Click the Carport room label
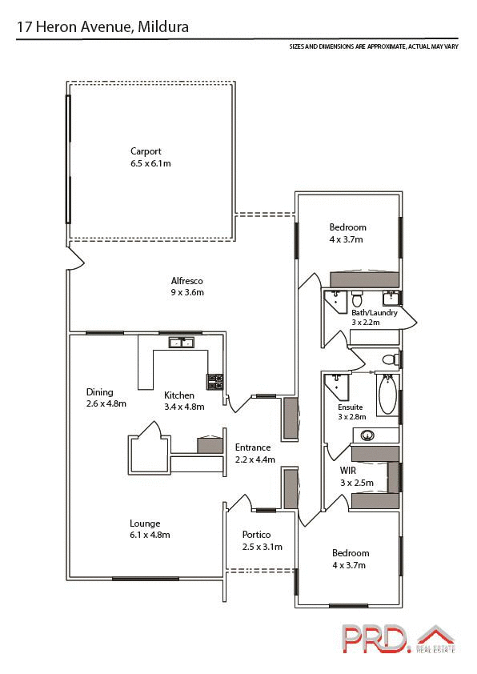(x=146, y=150)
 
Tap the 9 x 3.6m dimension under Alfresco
(x=186, y=292)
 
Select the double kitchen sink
(x=182, y=343)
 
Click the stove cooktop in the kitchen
(x=214, y=382)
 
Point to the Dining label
(x=100, y=392)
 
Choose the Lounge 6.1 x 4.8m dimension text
(x=150, y=535)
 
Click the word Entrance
(x=253, y=447)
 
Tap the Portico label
(x=257, y=535)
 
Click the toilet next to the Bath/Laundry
(x=390, y=359)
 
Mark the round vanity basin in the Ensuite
(x=368, y=435)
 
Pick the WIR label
(x=348, y=471)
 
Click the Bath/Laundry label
(x=374, y=312)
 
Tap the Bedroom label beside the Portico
(x=351, y=553)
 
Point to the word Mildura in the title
(x=163, y=27)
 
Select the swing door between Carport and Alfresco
(x=74, y=256)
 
